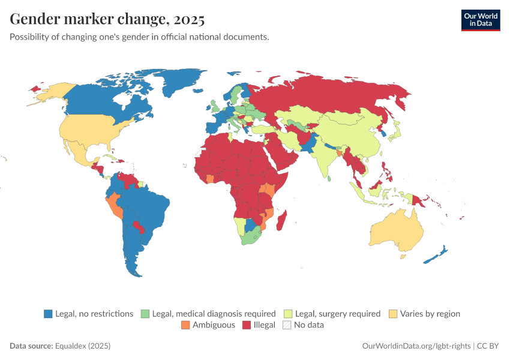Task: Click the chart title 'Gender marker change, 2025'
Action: [x=107, y=19]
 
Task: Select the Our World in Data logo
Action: [x=481, y=19]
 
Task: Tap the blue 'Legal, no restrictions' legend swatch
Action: [x=48, y=313]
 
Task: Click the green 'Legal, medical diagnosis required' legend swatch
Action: [x=145, y=313]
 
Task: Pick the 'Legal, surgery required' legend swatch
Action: [x=288, y=313]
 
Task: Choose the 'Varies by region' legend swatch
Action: [x=394, y=313]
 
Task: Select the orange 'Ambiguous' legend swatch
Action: [x=185, y=325]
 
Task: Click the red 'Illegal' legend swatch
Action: [x=246, y=325]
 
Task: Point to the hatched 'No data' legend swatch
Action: [x=287, y=325]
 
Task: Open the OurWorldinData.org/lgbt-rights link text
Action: [x=417, y=346]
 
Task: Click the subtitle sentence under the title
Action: [x=139, y=37]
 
